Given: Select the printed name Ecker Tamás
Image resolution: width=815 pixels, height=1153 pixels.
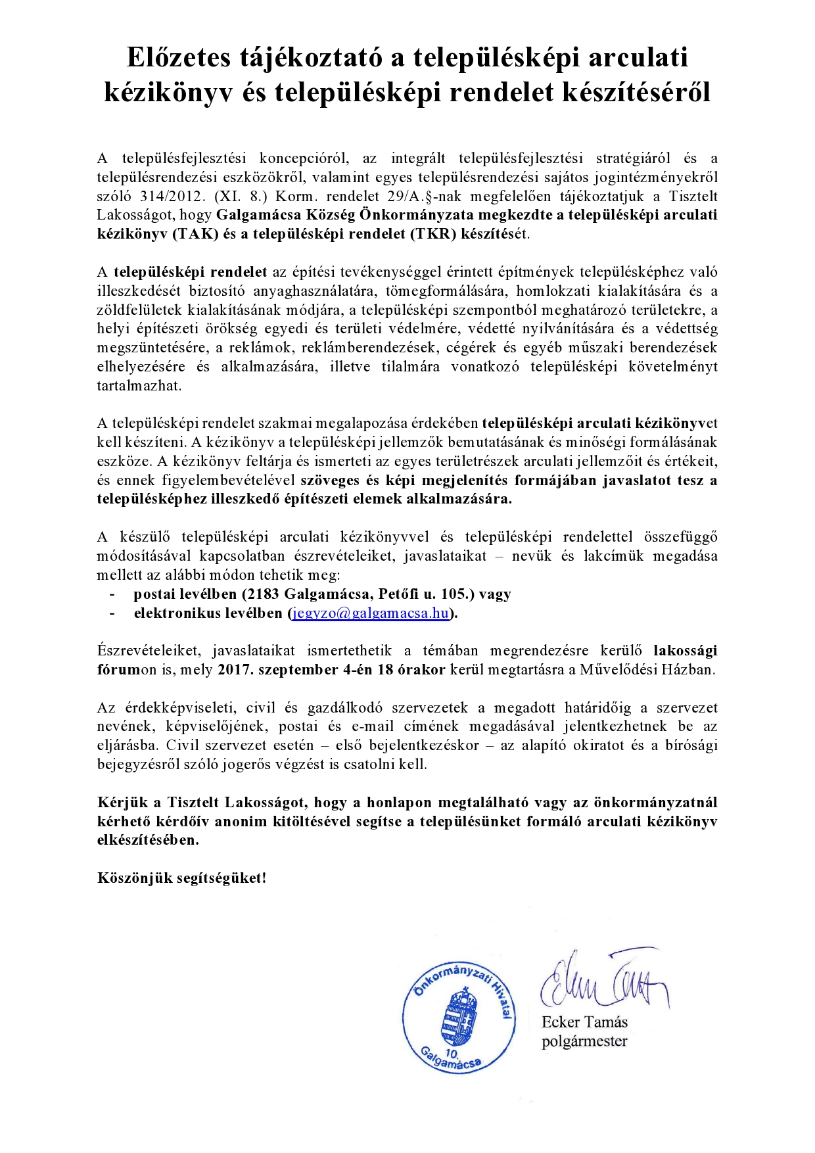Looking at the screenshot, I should (584, 1022).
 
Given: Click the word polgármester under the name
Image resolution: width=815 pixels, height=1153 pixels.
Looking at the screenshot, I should (584, 1041).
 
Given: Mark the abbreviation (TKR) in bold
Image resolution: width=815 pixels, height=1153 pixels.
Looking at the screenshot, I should (432, 234).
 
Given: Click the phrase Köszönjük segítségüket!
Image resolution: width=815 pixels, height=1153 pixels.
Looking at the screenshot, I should (182, 878).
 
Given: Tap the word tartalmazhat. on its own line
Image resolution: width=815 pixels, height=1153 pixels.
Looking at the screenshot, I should (139, 386).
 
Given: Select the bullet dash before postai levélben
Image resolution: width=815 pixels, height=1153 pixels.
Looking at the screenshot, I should (112, 594).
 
